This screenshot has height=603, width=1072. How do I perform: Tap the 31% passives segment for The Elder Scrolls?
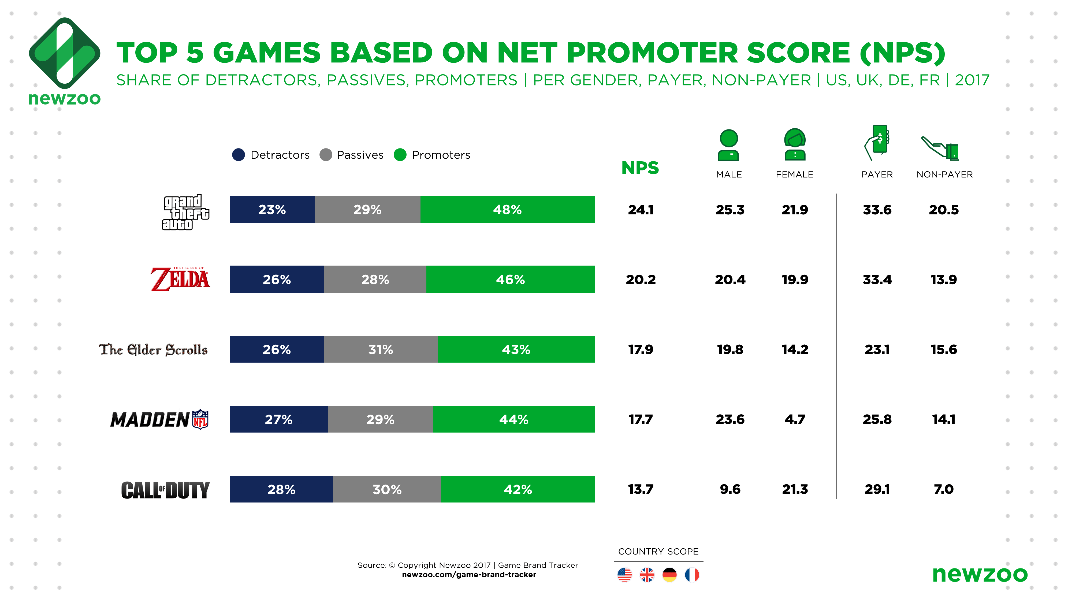380,349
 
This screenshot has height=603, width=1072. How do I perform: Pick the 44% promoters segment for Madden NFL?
513,419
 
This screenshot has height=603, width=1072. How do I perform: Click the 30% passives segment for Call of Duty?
387,489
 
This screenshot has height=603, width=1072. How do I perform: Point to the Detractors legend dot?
239,155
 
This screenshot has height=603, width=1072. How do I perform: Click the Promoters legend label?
441,155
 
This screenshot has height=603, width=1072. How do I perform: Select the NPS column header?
640,168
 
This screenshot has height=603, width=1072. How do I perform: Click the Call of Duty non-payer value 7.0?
943,489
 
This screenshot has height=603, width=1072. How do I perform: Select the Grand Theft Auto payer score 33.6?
877,209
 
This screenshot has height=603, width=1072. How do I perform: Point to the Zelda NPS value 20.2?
641,279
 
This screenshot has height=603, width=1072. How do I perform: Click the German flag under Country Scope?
669,575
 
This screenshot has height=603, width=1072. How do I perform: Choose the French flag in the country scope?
692,575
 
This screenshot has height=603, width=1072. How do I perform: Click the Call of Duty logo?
165,490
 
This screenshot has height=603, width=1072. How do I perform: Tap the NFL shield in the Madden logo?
200,419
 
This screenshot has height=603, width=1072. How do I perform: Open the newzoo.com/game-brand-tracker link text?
468,575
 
